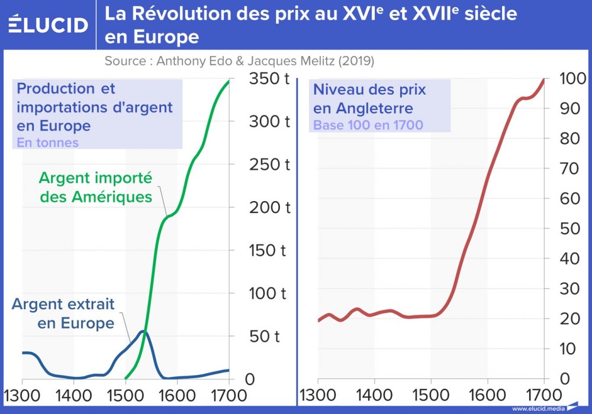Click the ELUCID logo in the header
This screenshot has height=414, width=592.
coord(47,24)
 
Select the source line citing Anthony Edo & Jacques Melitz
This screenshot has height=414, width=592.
coord(239,61)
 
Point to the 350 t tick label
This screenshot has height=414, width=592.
coord(269,78)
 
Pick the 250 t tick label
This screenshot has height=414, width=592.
coord(269,164)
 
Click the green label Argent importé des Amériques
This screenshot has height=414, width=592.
coord(96,187)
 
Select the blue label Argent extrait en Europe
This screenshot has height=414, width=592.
coord(63,313)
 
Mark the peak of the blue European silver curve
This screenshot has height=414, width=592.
coord(143,331)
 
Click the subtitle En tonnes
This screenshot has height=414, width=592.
coord(47,143)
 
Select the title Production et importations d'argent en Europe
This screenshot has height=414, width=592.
coord(95,107)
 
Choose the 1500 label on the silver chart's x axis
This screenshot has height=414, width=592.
coord(126,394)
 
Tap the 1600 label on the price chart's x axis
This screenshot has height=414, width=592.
coord(487,394)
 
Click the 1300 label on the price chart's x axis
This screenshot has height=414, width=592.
coord(318,394)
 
